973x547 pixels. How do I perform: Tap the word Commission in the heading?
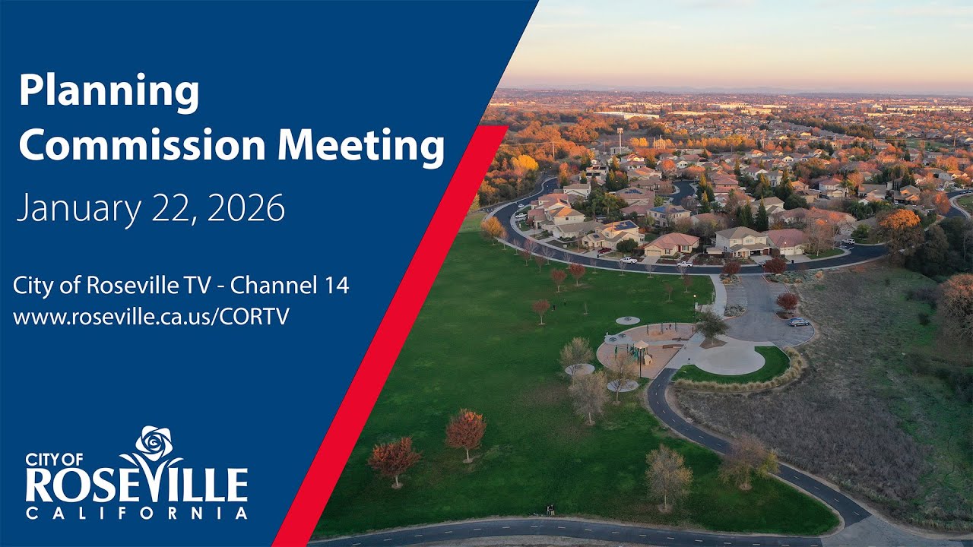[x=144, y=145]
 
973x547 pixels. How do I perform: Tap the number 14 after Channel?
[x=334, y=286]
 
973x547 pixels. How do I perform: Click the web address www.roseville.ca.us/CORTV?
[x=151, y=317]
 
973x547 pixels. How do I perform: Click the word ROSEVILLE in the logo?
[x=136, y=484]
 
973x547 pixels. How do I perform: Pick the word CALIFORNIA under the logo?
[x=136, y=514]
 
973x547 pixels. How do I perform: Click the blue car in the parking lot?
[x=798, y=322]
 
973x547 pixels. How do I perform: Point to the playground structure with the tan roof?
[x=640, y=348]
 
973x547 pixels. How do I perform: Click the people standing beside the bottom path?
[x=549, y=510]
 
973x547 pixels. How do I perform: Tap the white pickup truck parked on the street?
[x=628, y=260]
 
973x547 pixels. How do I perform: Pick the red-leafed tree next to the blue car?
[x=788, y=302]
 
